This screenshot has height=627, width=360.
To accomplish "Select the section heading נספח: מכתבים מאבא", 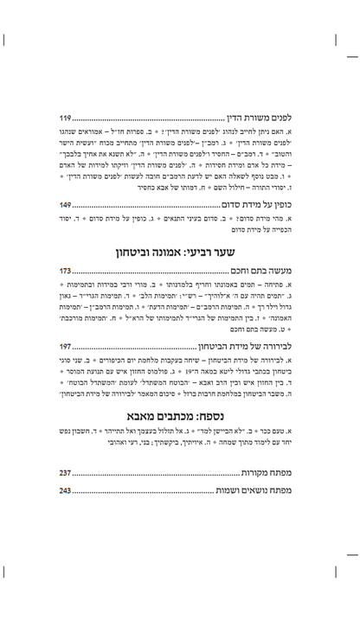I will (179, 463).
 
